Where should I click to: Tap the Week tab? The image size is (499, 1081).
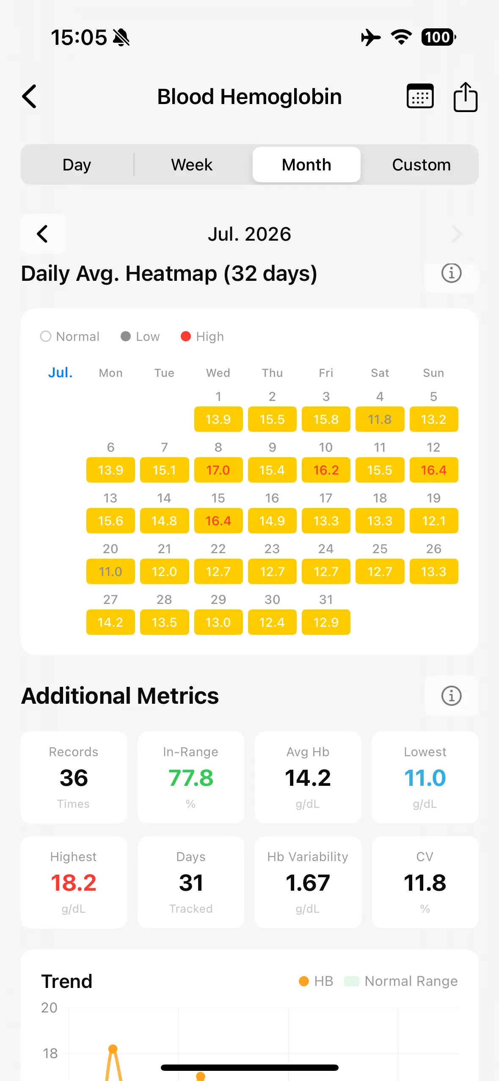click(192, 165)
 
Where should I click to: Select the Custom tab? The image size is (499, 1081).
click(421, 165)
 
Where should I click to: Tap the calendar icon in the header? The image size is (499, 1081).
click(420, 96)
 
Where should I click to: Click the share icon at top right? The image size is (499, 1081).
click(466, 97)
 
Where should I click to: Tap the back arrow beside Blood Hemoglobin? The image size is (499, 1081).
click(29, 96)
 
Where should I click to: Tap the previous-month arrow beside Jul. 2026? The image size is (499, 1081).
click(43, 234)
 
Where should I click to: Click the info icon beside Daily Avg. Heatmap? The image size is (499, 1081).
click(451, 273)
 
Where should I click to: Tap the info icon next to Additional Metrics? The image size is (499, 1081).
click(451, 696)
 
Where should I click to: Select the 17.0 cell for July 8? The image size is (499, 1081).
click(218, 470)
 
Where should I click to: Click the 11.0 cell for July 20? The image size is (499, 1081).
click(110, 571)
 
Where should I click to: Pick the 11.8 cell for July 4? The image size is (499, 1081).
click(380, 419)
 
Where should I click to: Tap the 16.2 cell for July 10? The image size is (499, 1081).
click(326, 470)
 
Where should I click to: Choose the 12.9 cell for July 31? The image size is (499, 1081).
click(326, 622)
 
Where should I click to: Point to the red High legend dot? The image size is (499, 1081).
click(185, 336)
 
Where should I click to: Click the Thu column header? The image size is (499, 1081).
click(272, 373)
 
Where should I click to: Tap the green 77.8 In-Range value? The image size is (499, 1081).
click(191, 778)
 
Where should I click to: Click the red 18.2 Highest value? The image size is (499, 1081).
click(74, 883)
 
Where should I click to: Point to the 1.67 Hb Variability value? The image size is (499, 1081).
click(308, 883)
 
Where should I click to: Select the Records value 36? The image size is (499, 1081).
click(74, 778)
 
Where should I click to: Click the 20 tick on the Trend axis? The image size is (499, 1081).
click(49, 1007)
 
